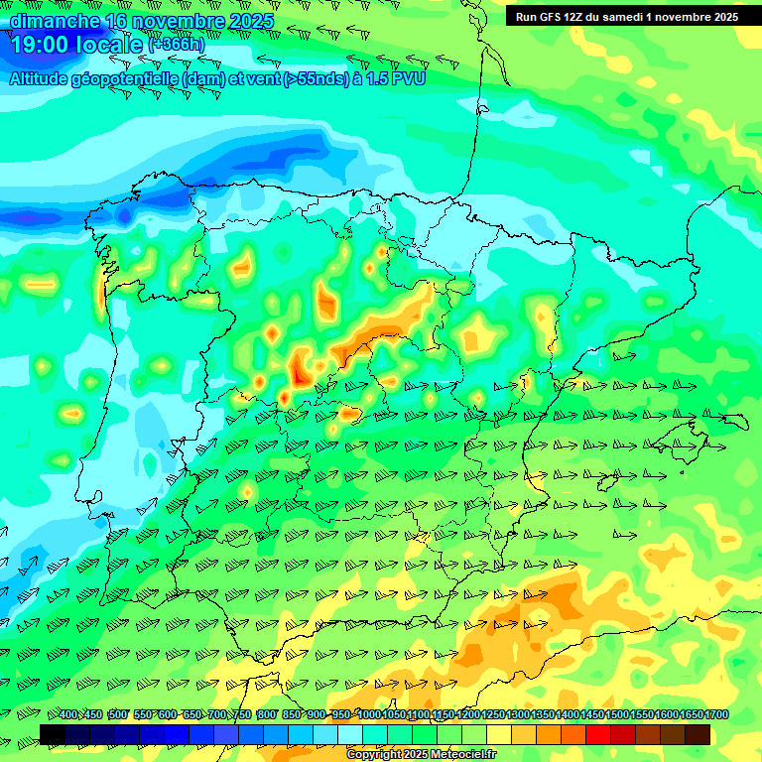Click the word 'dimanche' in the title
click(54, 20)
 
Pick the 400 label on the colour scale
click(68, 715)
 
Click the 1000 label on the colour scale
click(369, 715)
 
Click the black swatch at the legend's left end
click(53, 734)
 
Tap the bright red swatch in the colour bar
click(598, 734)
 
